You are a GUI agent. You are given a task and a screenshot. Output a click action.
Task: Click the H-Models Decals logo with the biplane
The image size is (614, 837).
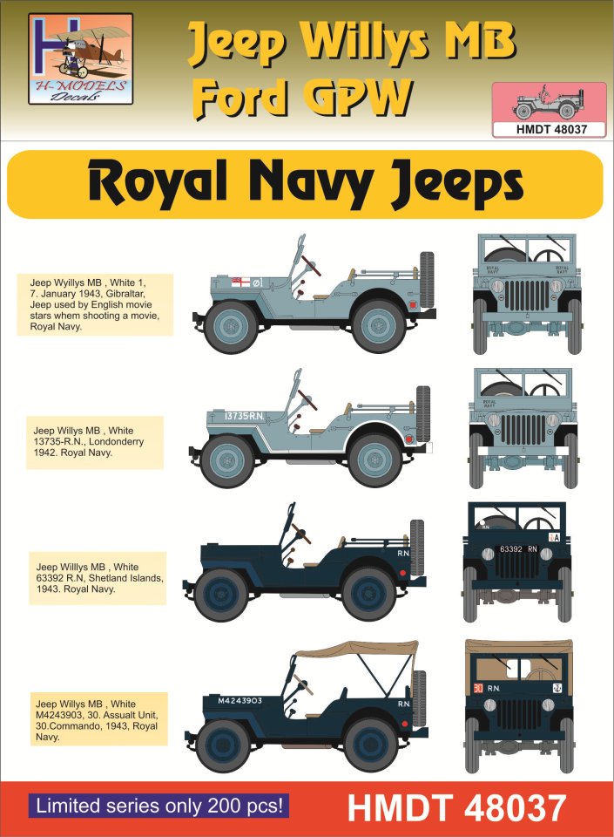[x=80, y=58]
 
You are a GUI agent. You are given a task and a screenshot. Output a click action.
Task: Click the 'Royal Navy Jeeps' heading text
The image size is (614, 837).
[x=306, y=184]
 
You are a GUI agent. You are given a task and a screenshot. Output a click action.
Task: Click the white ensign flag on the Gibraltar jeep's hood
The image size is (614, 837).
[x=240, y=282]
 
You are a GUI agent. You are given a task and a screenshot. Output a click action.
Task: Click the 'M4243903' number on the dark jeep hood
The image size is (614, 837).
[x=240, y=700]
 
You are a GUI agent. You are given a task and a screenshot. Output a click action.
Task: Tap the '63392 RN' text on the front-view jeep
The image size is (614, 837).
[x=518, y=548]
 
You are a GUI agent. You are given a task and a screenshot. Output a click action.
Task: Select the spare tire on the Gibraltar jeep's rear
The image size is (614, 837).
[x=427, y=280]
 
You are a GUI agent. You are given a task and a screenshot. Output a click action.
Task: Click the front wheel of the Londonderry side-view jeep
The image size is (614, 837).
[x=227, y=460]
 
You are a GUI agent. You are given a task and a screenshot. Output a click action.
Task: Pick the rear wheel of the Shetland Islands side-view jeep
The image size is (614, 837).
[x=368, y=594]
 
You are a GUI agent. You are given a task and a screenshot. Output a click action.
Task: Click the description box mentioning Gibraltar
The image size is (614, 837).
[x=95, y=305]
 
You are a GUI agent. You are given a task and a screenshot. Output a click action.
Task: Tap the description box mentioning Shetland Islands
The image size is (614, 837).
[x=98, y=578]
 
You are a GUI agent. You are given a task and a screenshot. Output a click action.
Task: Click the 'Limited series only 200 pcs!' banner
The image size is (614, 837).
[x=159, y=806]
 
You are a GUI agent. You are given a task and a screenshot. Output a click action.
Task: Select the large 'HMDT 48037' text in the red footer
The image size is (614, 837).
[x=456, y=807]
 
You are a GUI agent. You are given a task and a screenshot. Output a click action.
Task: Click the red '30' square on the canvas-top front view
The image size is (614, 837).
[x=478, y=689]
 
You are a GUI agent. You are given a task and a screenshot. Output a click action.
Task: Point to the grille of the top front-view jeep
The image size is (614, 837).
[x=527, y=296]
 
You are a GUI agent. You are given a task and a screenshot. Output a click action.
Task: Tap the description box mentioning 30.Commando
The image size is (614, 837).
[x=97, y=719]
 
